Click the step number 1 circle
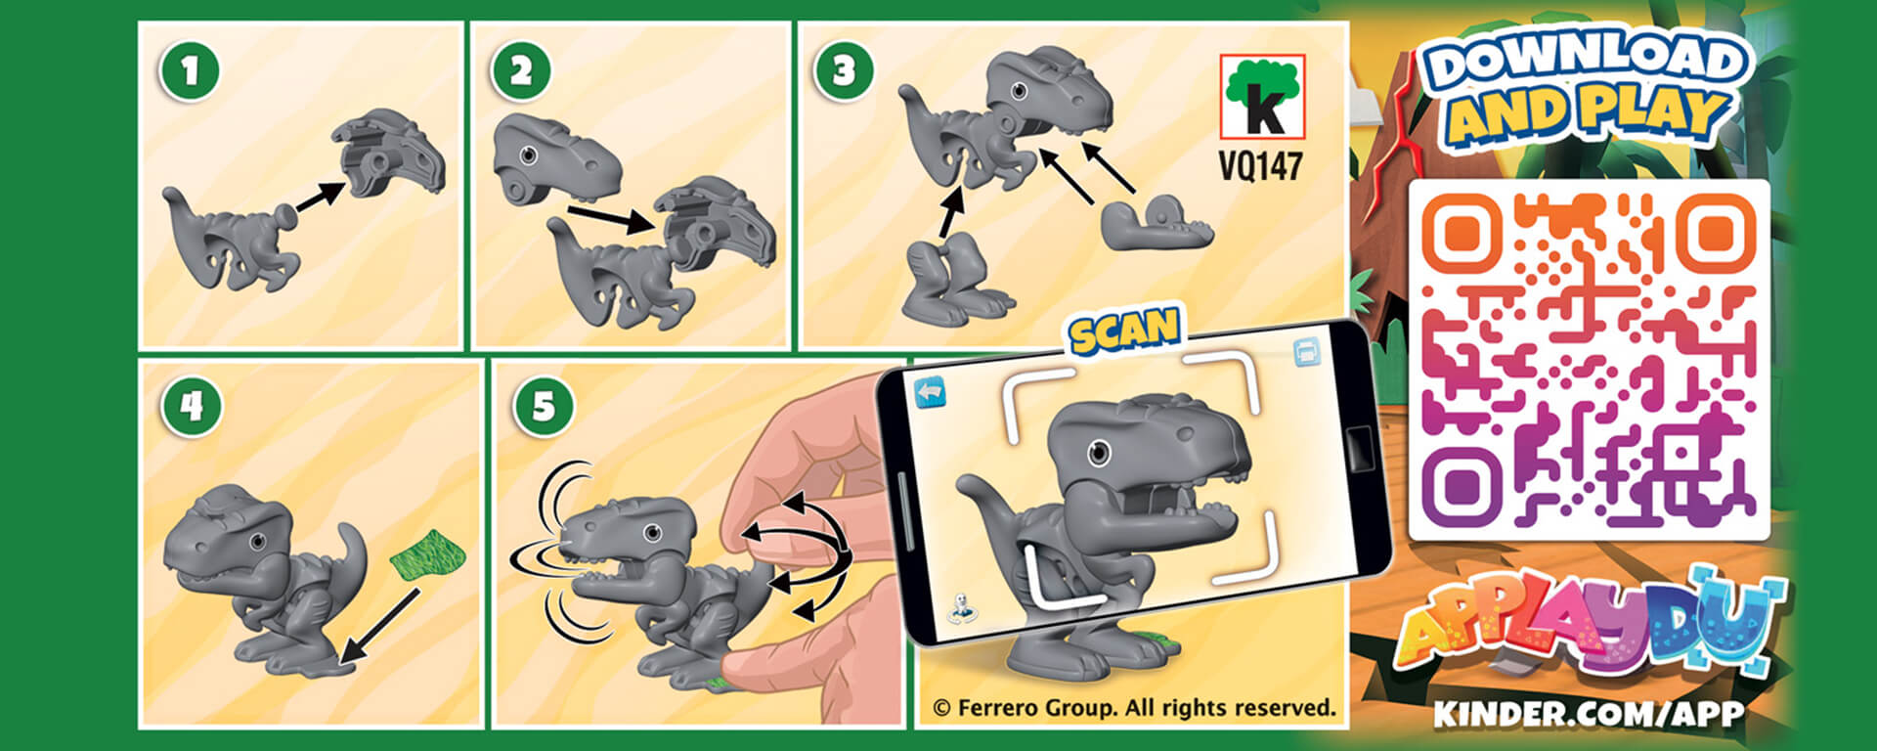point(190,70)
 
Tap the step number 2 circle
point(521,70)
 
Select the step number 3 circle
point(844,70)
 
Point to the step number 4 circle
point(192,405)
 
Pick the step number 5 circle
point(544,405)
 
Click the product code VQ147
point(1261,165)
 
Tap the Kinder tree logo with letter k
point(1262,97)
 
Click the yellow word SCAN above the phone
point(1124,331)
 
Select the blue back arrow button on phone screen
point(931,392)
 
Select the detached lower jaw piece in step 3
point(1157,223)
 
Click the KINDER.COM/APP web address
point(1589,713)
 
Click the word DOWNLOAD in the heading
point(1584,62)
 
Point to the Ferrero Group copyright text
point(1134,708)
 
